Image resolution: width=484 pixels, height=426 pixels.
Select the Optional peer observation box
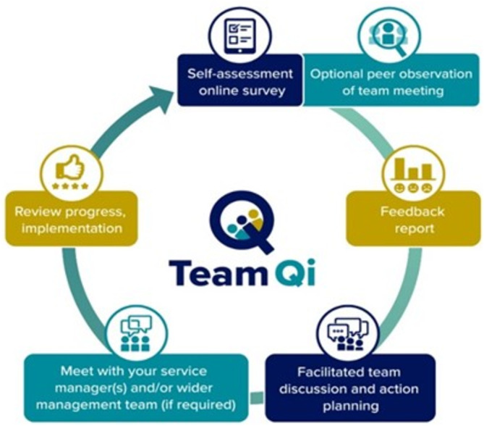click(x=371, y=82)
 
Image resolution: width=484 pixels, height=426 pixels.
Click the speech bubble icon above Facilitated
click(x=347, y=329)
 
